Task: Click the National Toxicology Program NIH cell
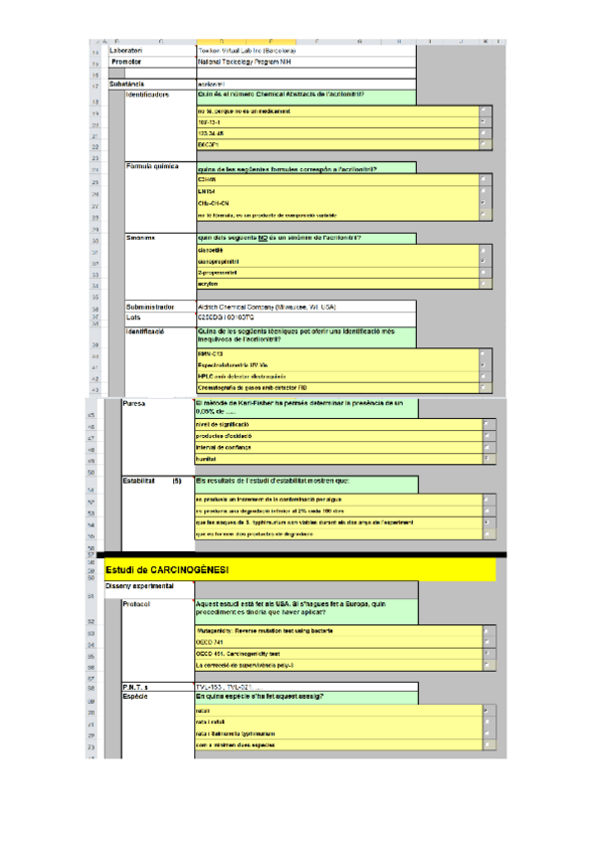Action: point(244,62)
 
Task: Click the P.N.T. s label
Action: point(135,688)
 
